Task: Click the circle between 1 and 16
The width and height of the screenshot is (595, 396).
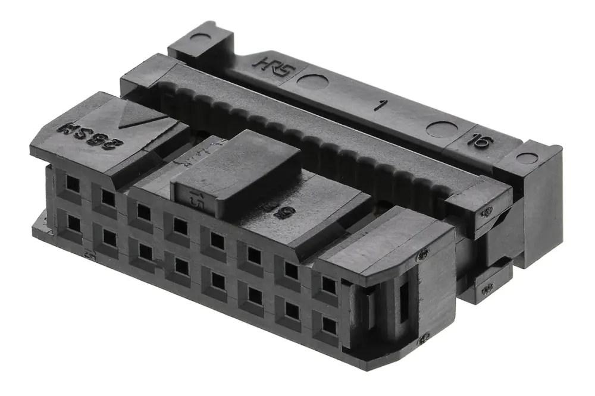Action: point(442,128)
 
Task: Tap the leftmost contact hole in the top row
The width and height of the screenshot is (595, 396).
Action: point(72,184)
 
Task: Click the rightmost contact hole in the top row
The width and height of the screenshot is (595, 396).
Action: point(328,285)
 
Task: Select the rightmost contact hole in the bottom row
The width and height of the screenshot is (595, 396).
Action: point(329,324)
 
